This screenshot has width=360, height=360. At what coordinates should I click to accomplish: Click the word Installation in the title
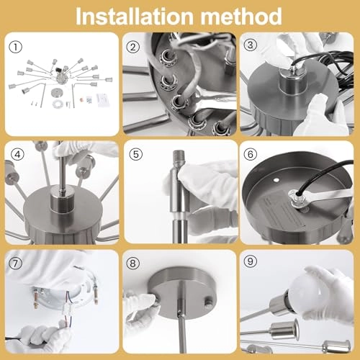(135, 17)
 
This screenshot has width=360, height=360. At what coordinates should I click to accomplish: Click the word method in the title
(241, 17)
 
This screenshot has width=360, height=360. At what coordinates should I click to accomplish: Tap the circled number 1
(16, 47)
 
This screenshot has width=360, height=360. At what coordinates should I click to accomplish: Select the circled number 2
(133, 47)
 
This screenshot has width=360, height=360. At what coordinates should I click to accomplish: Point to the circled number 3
(251, 45)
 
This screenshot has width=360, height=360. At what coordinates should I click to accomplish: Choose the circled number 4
(18, 154)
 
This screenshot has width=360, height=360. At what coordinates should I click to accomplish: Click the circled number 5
(136, 154)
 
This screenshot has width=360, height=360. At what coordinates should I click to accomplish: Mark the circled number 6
(251, 154)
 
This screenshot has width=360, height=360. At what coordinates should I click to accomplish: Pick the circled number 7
(16, 264)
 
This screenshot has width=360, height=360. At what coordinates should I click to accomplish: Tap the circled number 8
(133, 264)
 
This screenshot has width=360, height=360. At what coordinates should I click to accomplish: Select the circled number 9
(251, 261)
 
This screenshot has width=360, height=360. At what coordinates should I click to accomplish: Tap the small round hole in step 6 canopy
(276, 179)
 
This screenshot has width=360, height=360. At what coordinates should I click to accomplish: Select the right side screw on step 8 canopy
(208, 302)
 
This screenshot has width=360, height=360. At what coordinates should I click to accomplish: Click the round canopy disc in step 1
(57, 93)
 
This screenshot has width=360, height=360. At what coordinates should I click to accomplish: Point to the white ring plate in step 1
(58, 104)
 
